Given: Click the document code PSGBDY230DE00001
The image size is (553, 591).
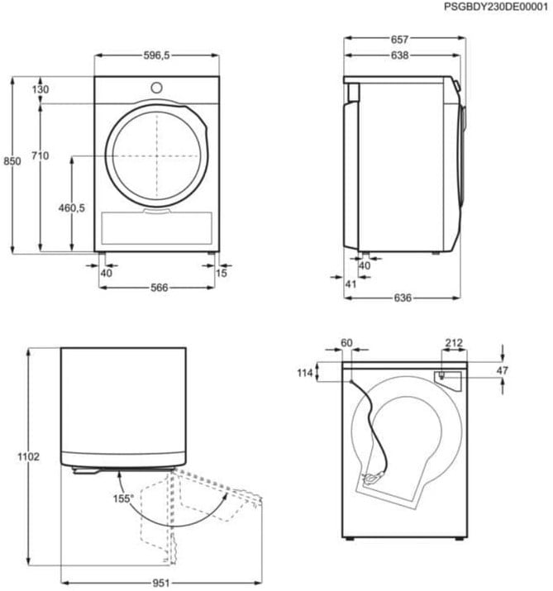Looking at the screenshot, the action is coord(496,7).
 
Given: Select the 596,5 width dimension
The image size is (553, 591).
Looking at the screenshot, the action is coord(156,55).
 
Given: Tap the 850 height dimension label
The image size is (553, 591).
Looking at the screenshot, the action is coord(12,161).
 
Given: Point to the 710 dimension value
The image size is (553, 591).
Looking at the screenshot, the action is coord(40,155).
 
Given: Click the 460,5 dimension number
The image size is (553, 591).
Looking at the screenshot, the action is coord(72,207).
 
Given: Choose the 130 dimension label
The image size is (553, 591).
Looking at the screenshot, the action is coord(40,89).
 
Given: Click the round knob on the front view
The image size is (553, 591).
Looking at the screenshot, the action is coord(156,88).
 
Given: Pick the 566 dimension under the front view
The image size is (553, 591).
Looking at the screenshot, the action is coord(159,288).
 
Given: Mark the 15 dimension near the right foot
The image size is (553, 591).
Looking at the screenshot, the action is coord(222,274).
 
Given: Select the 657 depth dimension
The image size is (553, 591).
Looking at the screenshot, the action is coord(399,39).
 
